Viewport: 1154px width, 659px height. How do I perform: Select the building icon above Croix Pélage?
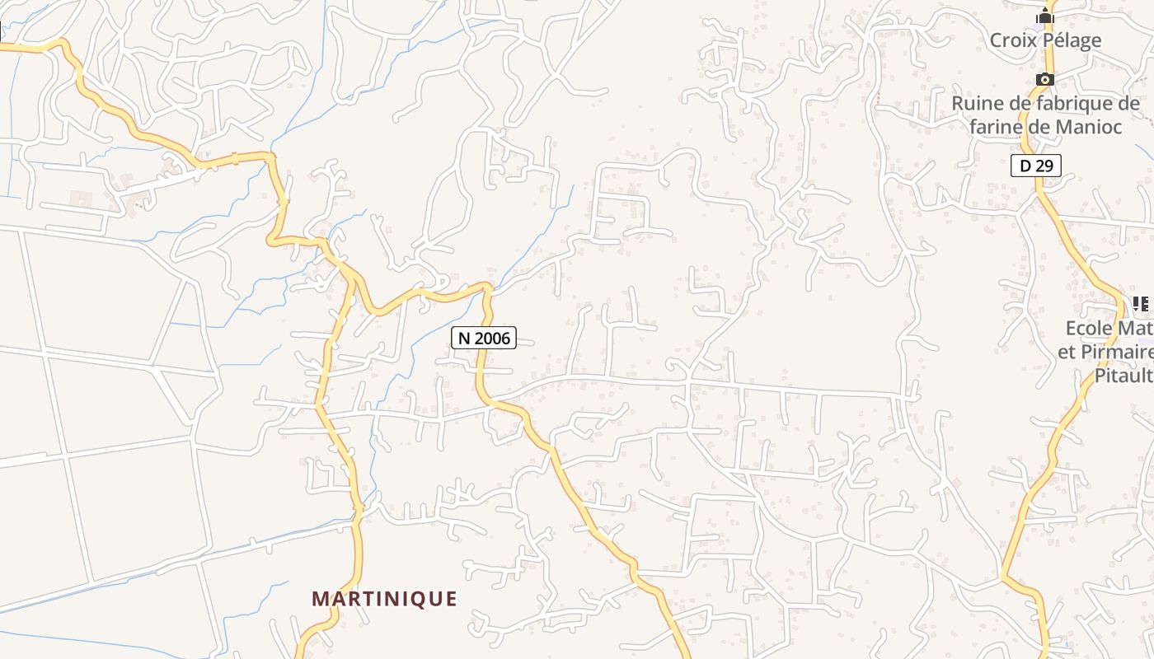click(1045, 16)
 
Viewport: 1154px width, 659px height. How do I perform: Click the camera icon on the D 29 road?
click(1045, 79)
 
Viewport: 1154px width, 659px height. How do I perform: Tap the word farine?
click(995, 127)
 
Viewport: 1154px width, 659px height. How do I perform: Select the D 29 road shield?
click(1036, 166)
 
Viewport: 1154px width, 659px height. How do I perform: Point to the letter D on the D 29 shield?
click(1025, 166)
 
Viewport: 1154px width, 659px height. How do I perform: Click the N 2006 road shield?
click(484, 337)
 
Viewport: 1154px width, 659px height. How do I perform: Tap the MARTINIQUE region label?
click(384, 599)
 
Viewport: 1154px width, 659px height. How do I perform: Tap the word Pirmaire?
click(1117, 353)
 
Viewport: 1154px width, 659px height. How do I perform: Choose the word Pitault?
click(1123, 376)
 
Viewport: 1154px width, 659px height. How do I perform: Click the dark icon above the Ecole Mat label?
click(1142, 304)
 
